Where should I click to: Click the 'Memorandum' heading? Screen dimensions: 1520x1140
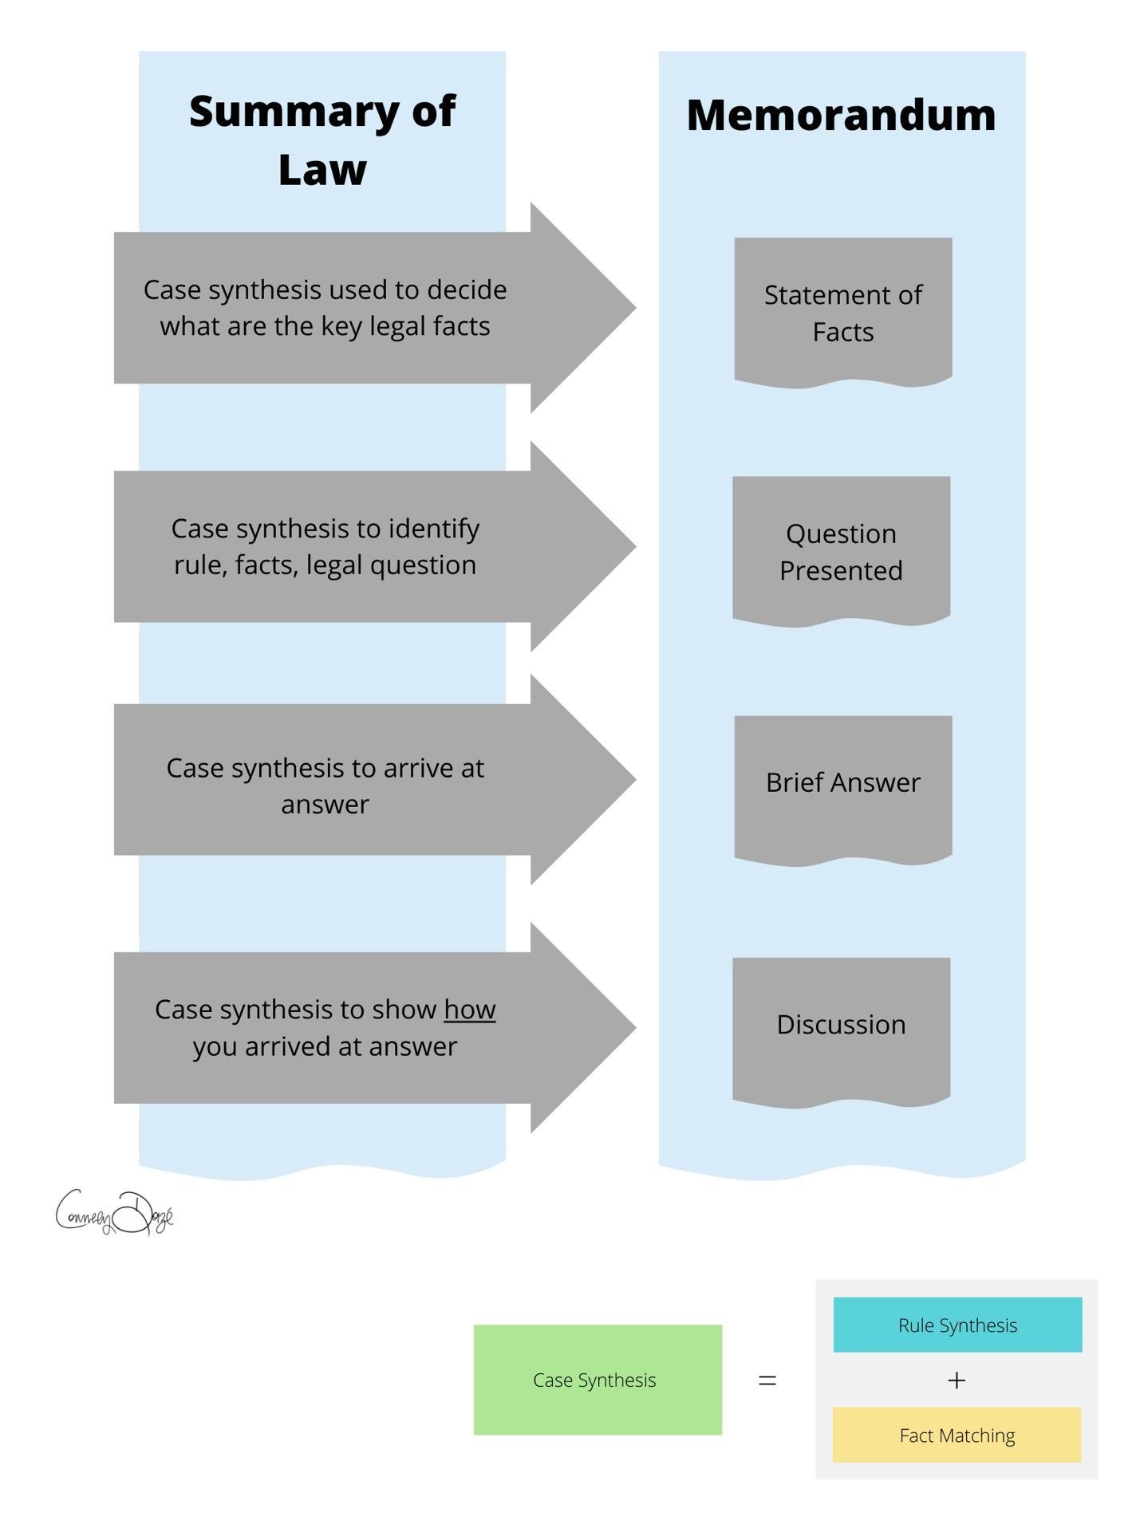coord(841,115)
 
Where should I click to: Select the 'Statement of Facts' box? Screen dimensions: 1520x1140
coord(842,312)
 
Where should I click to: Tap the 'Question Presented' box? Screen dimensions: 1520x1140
coord(841,551)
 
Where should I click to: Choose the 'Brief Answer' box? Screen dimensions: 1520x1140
coord(842,782)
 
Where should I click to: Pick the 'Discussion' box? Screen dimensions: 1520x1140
coord(841,1025)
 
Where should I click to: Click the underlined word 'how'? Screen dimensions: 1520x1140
coord(469,1010)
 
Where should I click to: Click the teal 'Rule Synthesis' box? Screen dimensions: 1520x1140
coord(957,1325)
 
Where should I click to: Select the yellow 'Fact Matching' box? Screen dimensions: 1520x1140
coord(957,1435)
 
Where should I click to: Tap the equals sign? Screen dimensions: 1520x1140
coord(767,1380)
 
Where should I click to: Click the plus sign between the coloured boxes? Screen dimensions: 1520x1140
coord(956,1380)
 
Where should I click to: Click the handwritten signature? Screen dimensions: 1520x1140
coord(114,1213)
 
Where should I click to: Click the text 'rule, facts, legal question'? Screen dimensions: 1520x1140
coord(325,565)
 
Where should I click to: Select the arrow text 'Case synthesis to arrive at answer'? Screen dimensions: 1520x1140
coord(325,786)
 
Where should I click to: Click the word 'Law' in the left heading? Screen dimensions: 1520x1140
coord(321,170)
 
